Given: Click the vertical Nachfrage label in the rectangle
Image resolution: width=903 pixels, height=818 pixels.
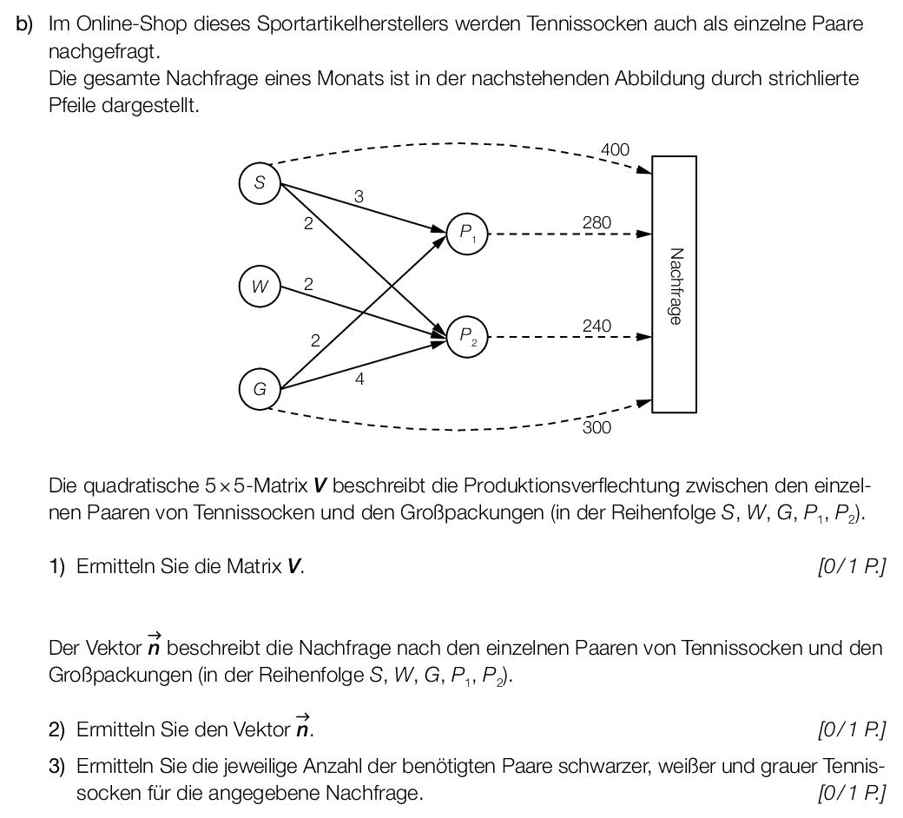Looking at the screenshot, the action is coord(676,287).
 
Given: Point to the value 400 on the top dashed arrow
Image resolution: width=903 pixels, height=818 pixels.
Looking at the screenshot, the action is coord(615,149).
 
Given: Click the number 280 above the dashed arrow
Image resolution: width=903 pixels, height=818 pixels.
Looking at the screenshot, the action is coord(597,222).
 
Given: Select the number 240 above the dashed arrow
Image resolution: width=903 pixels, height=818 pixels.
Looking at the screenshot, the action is coord(597,326).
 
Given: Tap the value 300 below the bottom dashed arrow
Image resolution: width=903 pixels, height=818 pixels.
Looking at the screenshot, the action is coord(597,427).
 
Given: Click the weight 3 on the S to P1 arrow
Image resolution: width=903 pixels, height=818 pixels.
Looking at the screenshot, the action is coord(359,196).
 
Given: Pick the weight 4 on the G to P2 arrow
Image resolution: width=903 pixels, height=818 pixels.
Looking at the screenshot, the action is coord(359,379).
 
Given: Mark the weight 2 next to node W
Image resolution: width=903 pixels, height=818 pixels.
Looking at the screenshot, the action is coord(309,284).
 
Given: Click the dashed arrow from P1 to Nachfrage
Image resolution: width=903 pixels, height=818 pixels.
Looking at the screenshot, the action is coord(570,234).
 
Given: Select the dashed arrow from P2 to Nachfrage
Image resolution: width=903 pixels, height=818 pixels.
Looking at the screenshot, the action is coord(570,337).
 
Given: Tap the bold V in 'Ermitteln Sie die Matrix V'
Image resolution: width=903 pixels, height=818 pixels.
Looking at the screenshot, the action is coord(293,567).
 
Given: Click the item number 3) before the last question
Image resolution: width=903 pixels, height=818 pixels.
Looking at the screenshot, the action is coord(57,767).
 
